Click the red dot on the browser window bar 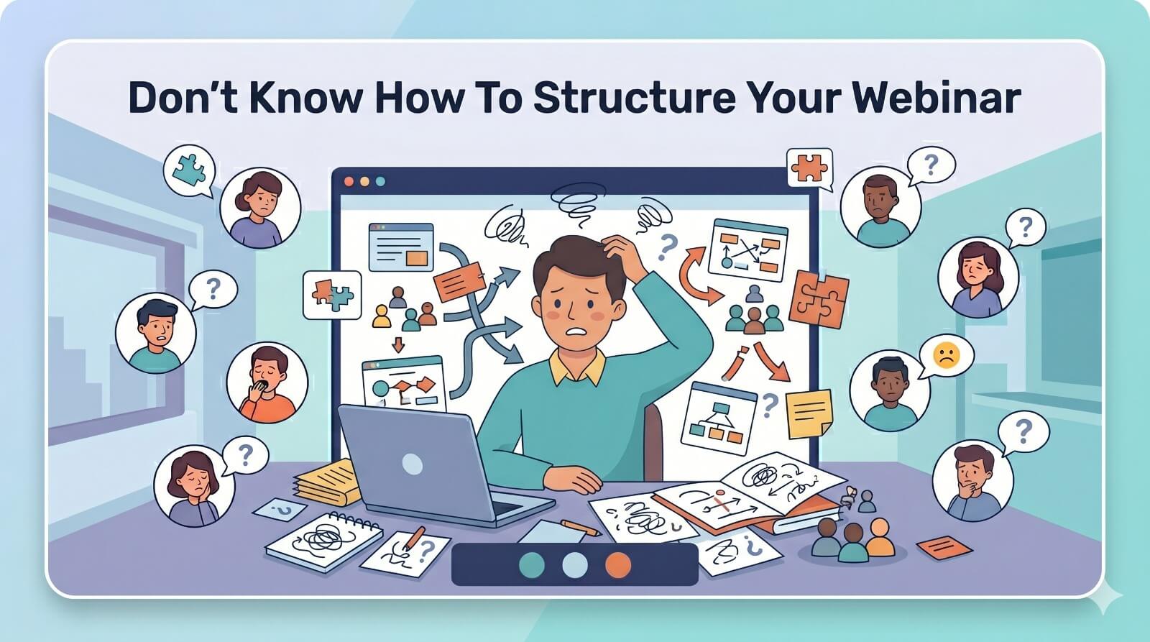(349, 181)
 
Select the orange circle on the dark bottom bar (617, 565)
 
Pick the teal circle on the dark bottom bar (532, 565)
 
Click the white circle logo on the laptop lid (413, 464)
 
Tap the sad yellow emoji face (946, 355)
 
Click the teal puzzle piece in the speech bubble (189, 169)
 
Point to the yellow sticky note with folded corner (809, 413)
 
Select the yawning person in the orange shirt (267, 382)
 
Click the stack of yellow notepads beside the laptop (328, 483)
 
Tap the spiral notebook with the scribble (324, 541)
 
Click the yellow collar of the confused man (578, 368)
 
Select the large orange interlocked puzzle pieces (819, 299)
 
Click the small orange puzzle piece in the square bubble (809, 168)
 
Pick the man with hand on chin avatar (973, 481)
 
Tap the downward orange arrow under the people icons (398, 344)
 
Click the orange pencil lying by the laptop (581, 528)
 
